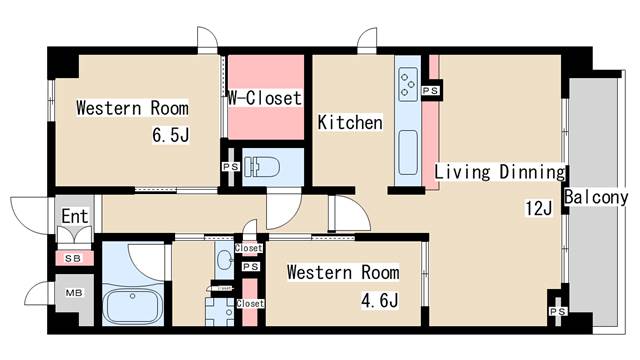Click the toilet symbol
262,167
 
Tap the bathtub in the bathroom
132,305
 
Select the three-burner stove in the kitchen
408,84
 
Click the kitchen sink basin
408,152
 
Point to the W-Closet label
264,98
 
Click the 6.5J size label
171,135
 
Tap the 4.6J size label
380,301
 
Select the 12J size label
539,208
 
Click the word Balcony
596,198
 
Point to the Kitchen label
350,122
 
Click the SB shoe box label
73,258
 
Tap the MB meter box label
74,293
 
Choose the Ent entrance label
75,216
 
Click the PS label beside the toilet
231,167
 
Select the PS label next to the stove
431,90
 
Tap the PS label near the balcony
558,311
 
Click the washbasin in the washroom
225,260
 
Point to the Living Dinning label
500,172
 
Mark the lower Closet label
250,304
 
